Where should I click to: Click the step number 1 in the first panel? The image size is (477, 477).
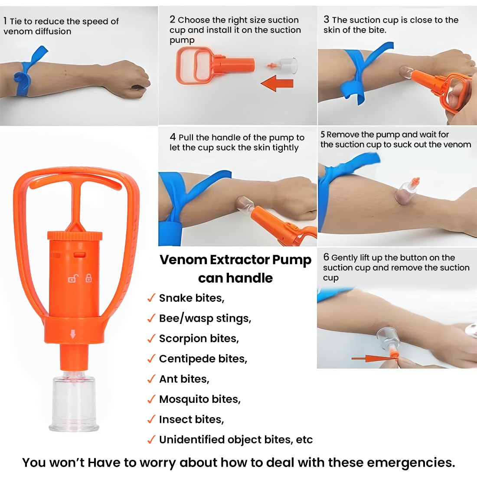pos(5,21)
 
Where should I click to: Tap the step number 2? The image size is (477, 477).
pos(173,20)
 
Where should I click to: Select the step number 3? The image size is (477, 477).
pos(326,20)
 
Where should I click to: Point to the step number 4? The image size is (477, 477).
pos(173,137)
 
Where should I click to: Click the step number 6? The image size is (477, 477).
pos(326,257)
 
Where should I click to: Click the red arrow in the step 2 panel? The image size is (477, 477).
pos(277,83)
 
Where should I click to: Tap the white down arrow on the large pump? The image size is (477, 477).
pos(73,334)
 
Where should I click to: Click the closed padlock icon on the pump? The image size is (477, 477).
pos(88,278)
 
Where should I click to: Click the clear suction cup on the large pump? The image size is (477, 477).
pos(74,401)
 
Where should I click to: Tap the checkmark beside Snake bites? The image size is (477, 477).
pos(151,297)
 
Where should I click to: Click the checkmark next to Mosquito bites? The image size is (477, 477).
pos(151,399)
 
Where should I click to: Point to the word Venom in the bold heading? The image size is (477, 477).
pos(183,259)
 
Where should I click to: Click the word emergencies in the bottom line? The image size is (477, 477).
pos(411,462)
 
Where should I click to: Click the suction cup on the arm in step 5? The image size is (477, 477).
pos(406,192)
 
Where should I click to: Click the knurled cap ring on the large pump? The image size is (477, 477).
pos(75,235)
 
